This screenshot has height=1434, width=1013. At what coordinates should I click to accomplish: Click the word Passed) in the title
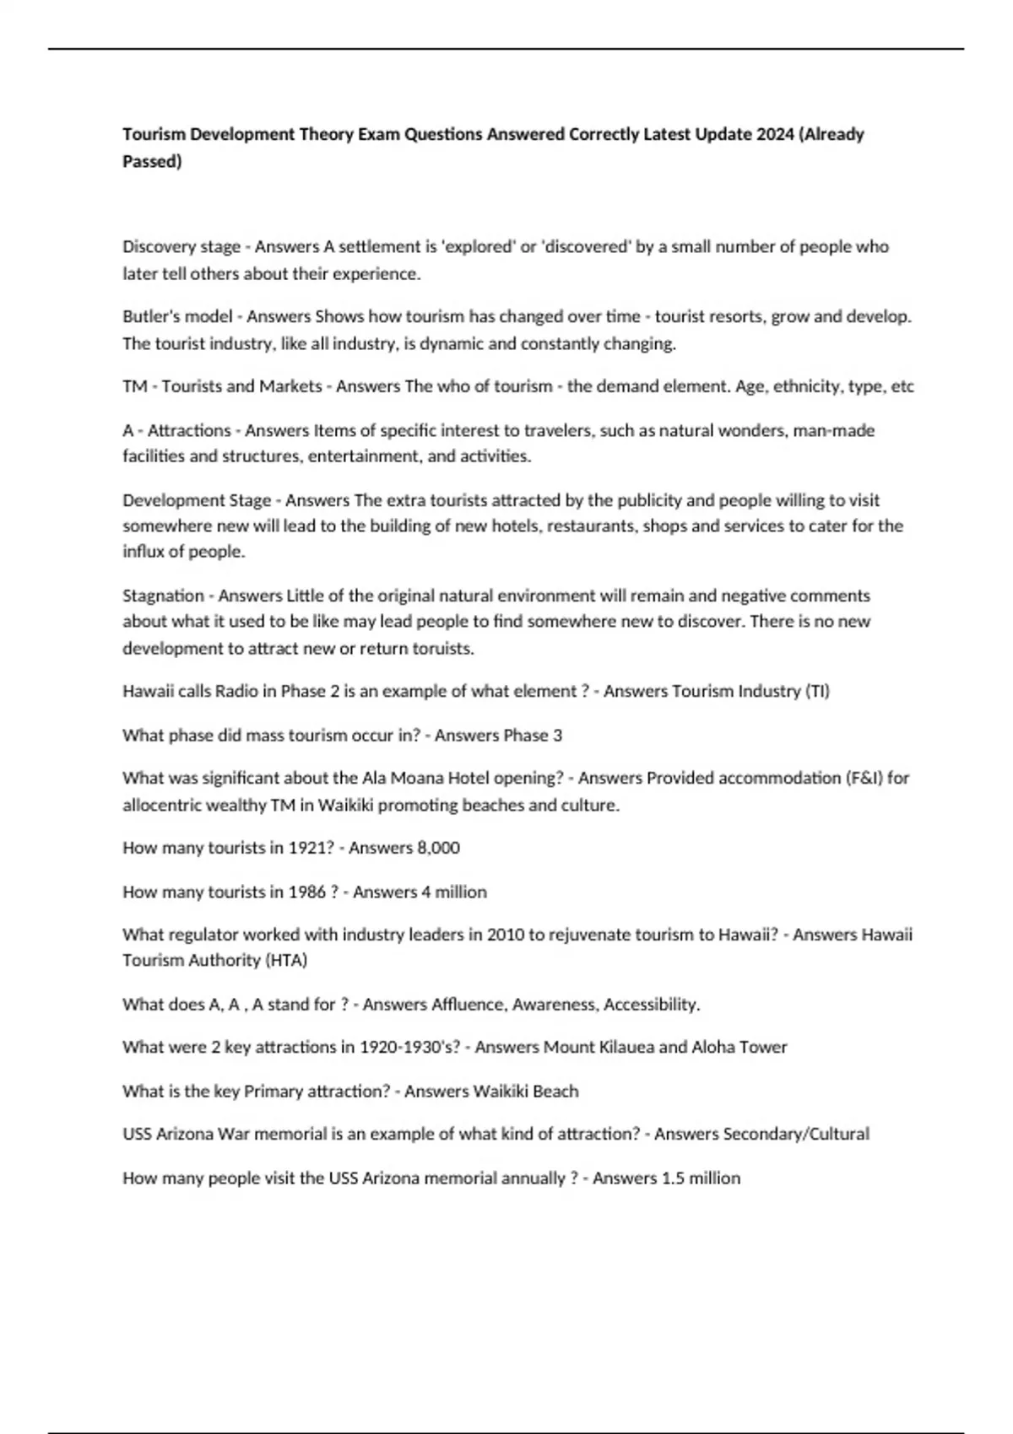[x=152, y=161]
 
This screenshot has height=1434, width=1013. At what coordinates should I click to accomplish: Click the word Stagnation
[x=163, y=596]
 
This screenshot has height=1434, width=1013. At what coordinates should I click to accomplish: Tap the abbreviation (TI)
[x=817, y=691]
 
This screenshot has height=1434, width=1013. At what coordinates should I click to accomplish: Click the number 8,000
[x=439, y=848]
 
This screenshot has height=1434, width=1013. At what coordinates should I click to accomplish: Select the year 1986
[x=307, y=892]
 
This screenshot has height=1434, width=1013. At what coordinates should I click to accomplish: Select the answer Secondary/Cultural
[x=796, y=1134]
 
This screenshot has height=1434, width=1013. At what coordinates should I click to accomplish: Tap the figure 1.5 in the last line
[x=673, y=1178]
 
